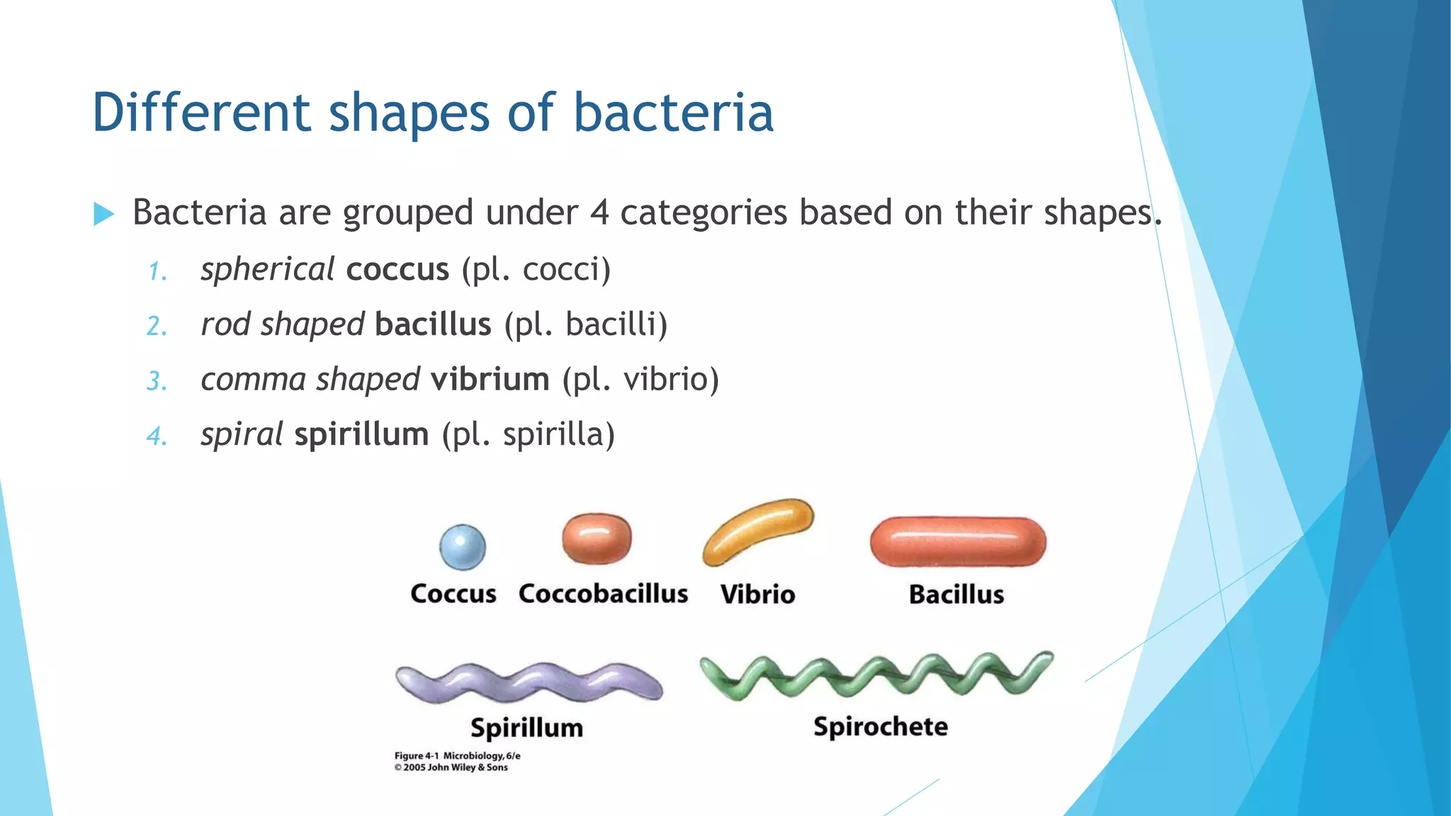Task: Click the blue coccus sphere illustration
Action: [463, 547]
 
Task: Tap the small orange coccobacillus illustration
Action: [597, 538]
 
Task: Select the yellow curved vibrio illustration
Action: [757, 531]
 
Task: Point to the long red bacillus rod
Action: [958, 542]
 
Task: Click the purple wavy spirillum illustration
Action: [529, 682]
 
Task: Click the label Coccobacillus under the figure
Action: [603, 594]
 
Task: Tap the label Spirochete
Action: [880, 727]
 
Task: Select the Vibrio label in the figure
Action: [757, 594]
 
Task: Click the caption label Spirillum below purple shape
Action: [526, 728]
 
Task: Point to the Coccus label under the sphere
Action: [453, 594]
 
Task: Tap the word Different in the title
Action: [201, 113]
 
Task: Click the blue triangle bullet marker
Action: [103, 213]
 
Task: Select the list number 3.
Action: [156, 381]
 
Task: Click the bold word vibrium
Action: [490, 379]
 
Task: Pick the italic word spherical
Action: [267, 269]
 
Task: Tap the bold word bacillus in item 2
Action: [433, 324]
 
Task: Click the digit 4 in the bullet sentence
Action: [599, 212]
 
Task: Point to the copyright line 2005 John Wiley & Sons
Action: [451, 767]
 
